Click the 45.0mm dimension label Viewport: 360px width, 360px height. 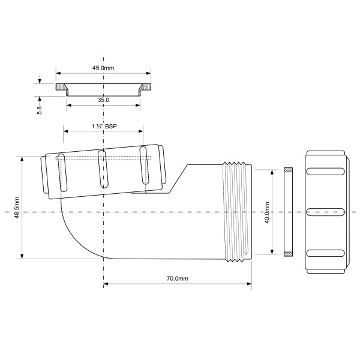[x=103, y=68]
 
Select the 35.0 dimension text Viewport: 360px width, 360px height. [x=103, y=100]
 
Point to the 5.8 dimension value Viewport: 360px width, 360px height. [x=40, y=111]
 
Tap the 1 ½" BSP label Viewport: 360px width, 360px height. [x=103, y=127]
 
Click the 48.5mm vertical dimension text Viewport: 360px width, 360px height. [x=17, y=208]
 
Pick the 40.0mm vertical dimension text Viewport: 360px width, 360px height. [x=266, y=212]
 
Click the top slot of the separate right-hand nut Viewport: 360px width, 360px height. [x=326, y=172]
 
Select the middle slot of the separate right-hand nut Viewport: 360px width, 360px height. [x=326, y=212]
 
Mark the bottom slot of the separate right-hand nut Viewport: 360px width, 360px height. [x=326, y=253]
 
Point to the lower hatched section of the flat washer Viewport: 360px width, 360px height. [x=287, y=254]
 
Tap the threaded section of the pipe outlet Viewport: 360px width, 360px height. [x=237, y=212]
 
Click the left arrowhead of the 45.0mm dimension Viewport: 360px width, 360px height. [x=58, y=74]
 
